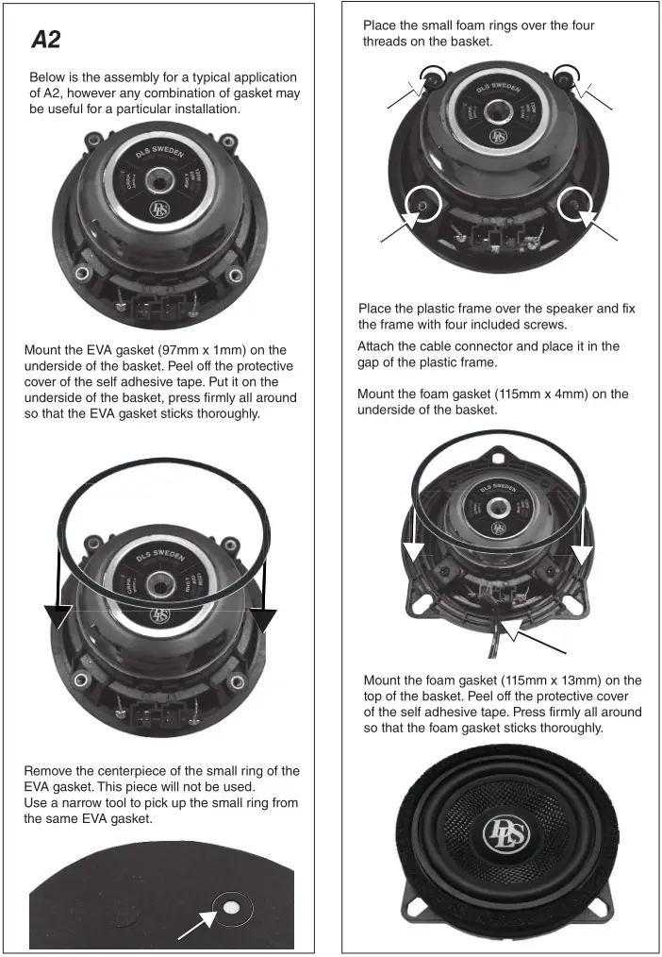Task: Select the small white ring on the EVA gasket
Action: (231, 907)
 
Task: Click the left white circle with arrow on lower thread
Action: (419, 204)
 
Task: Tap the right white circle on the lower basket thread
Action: (574, 203)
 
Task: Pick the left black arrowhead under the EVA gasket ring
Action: (58, 614)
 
